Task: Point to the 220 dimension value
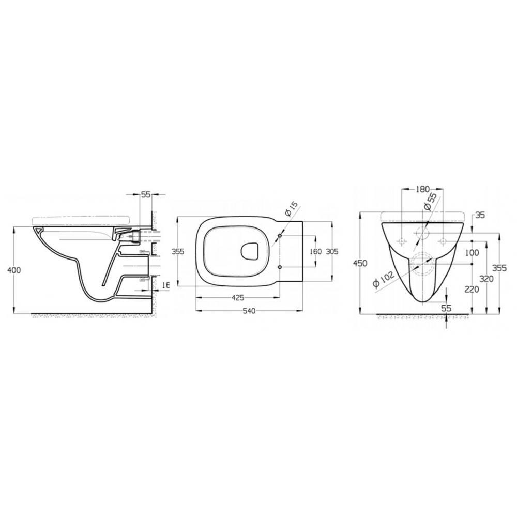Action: click(x=471, y=290)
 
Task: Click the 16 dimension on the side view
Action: click(x=165, y=285)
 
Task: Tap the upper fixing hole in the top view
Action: click(x=280, y=236)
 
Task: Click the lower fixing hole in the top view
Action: click(x=280, y=267)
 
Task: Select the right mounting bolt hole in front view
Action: click(x=443, y=241)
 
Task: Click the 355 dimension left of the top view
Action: click(x=178, y=252)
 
